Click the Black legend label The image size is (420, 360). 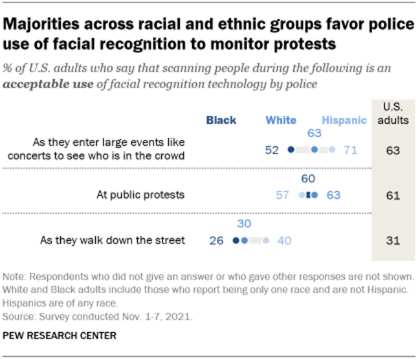coord(221,120)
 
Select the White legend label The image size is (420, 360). coord(281,120)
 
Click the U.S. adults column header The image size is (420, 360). coord(392,114)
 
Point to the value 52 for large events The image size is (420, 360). coord(272,150)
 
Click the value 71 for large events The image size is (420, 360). coord(350,150)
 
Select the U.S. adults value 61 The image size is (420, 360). coord(391,195)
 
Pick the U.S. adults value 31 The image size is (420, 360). coord(391,240)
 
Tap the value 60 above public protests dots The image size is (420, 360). coord(308,179)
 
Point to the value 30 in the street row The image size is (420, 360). coord(243,224)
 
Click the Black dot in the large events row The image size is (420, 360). coord(291,150)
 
